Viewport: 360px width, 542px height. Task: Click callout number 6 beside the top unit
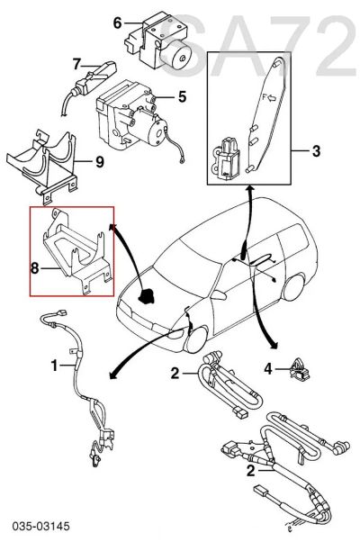118,23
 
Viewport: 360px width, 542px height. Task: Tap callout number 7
76,64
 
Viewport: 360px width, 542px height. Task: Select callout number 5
183,97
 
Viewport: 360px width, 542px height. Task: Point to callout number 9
100,161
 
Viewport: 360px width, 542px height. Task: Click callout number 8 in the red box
34,268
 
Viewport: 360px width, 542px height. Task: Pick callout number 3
316,151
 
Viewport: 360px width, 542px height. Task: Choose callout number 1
54,365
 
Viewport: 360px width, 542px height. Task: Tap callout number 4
268,369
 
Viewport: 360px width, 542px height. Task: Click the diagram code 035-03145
41,527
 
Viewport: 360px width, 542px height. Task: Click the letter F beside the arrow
265,97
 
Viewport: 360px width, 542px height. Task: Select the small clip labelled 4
299,370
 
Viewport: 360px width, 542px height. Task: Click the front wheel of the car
196,339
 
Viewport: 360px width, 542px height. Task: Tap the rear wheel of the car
293,287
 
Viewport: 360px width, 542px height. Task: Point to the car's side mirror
219,294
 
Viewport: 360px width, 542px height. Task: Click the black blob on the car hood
146,296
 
